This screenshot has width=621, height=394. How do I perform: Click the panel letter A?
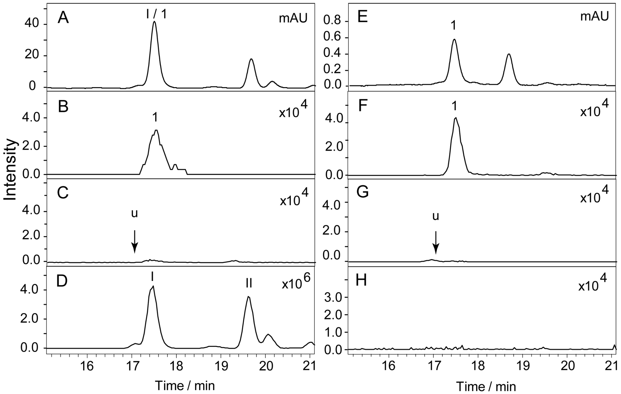click(63, 18)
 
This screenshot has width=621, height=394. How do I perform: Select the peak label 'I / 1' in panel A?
click(156, 14)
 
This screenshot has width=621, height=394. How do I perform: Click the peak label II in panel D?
click(249, 284)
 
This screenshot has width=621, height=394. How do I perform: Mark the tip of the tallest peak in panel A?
click(154, 22)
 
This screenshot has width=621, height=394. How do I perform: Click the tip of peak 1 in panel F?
click(456, 118)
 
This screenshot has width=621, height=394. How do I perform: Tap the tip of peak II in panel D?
click(248, 296)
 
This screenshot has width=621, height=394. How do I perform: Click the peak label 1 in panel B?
click(155, 118)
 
